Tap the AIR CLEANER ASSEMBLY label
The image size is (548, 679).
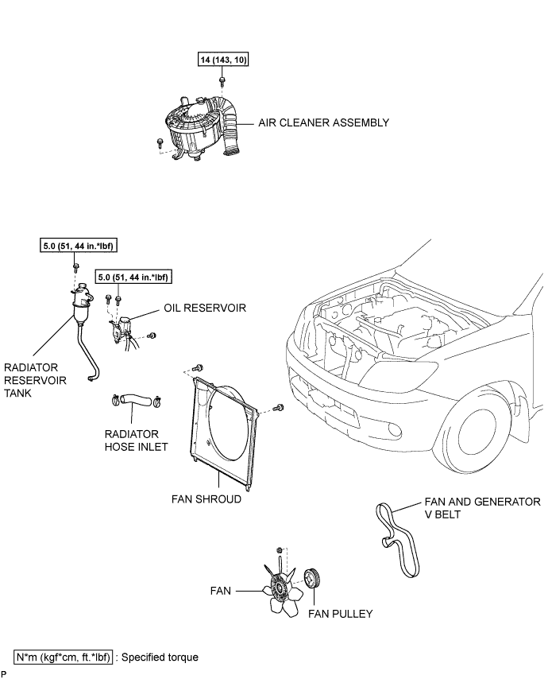323,122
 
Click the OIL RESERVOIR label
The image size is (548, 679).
205,308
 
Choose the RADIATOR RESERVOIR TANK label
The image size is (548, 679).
35,380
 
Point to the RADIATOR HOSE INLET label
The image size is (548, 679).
137,440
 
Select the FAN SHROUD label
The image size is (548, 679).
206,499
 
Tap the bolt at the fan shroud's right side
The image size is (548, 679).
280,408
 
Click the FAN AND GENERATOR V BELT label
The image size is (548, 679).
482,508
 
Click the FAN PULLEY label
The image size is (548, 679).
341,614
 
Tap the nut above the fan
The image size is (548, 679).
280,550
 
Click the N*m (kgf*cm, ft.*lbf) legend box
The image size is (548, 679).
64,657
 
